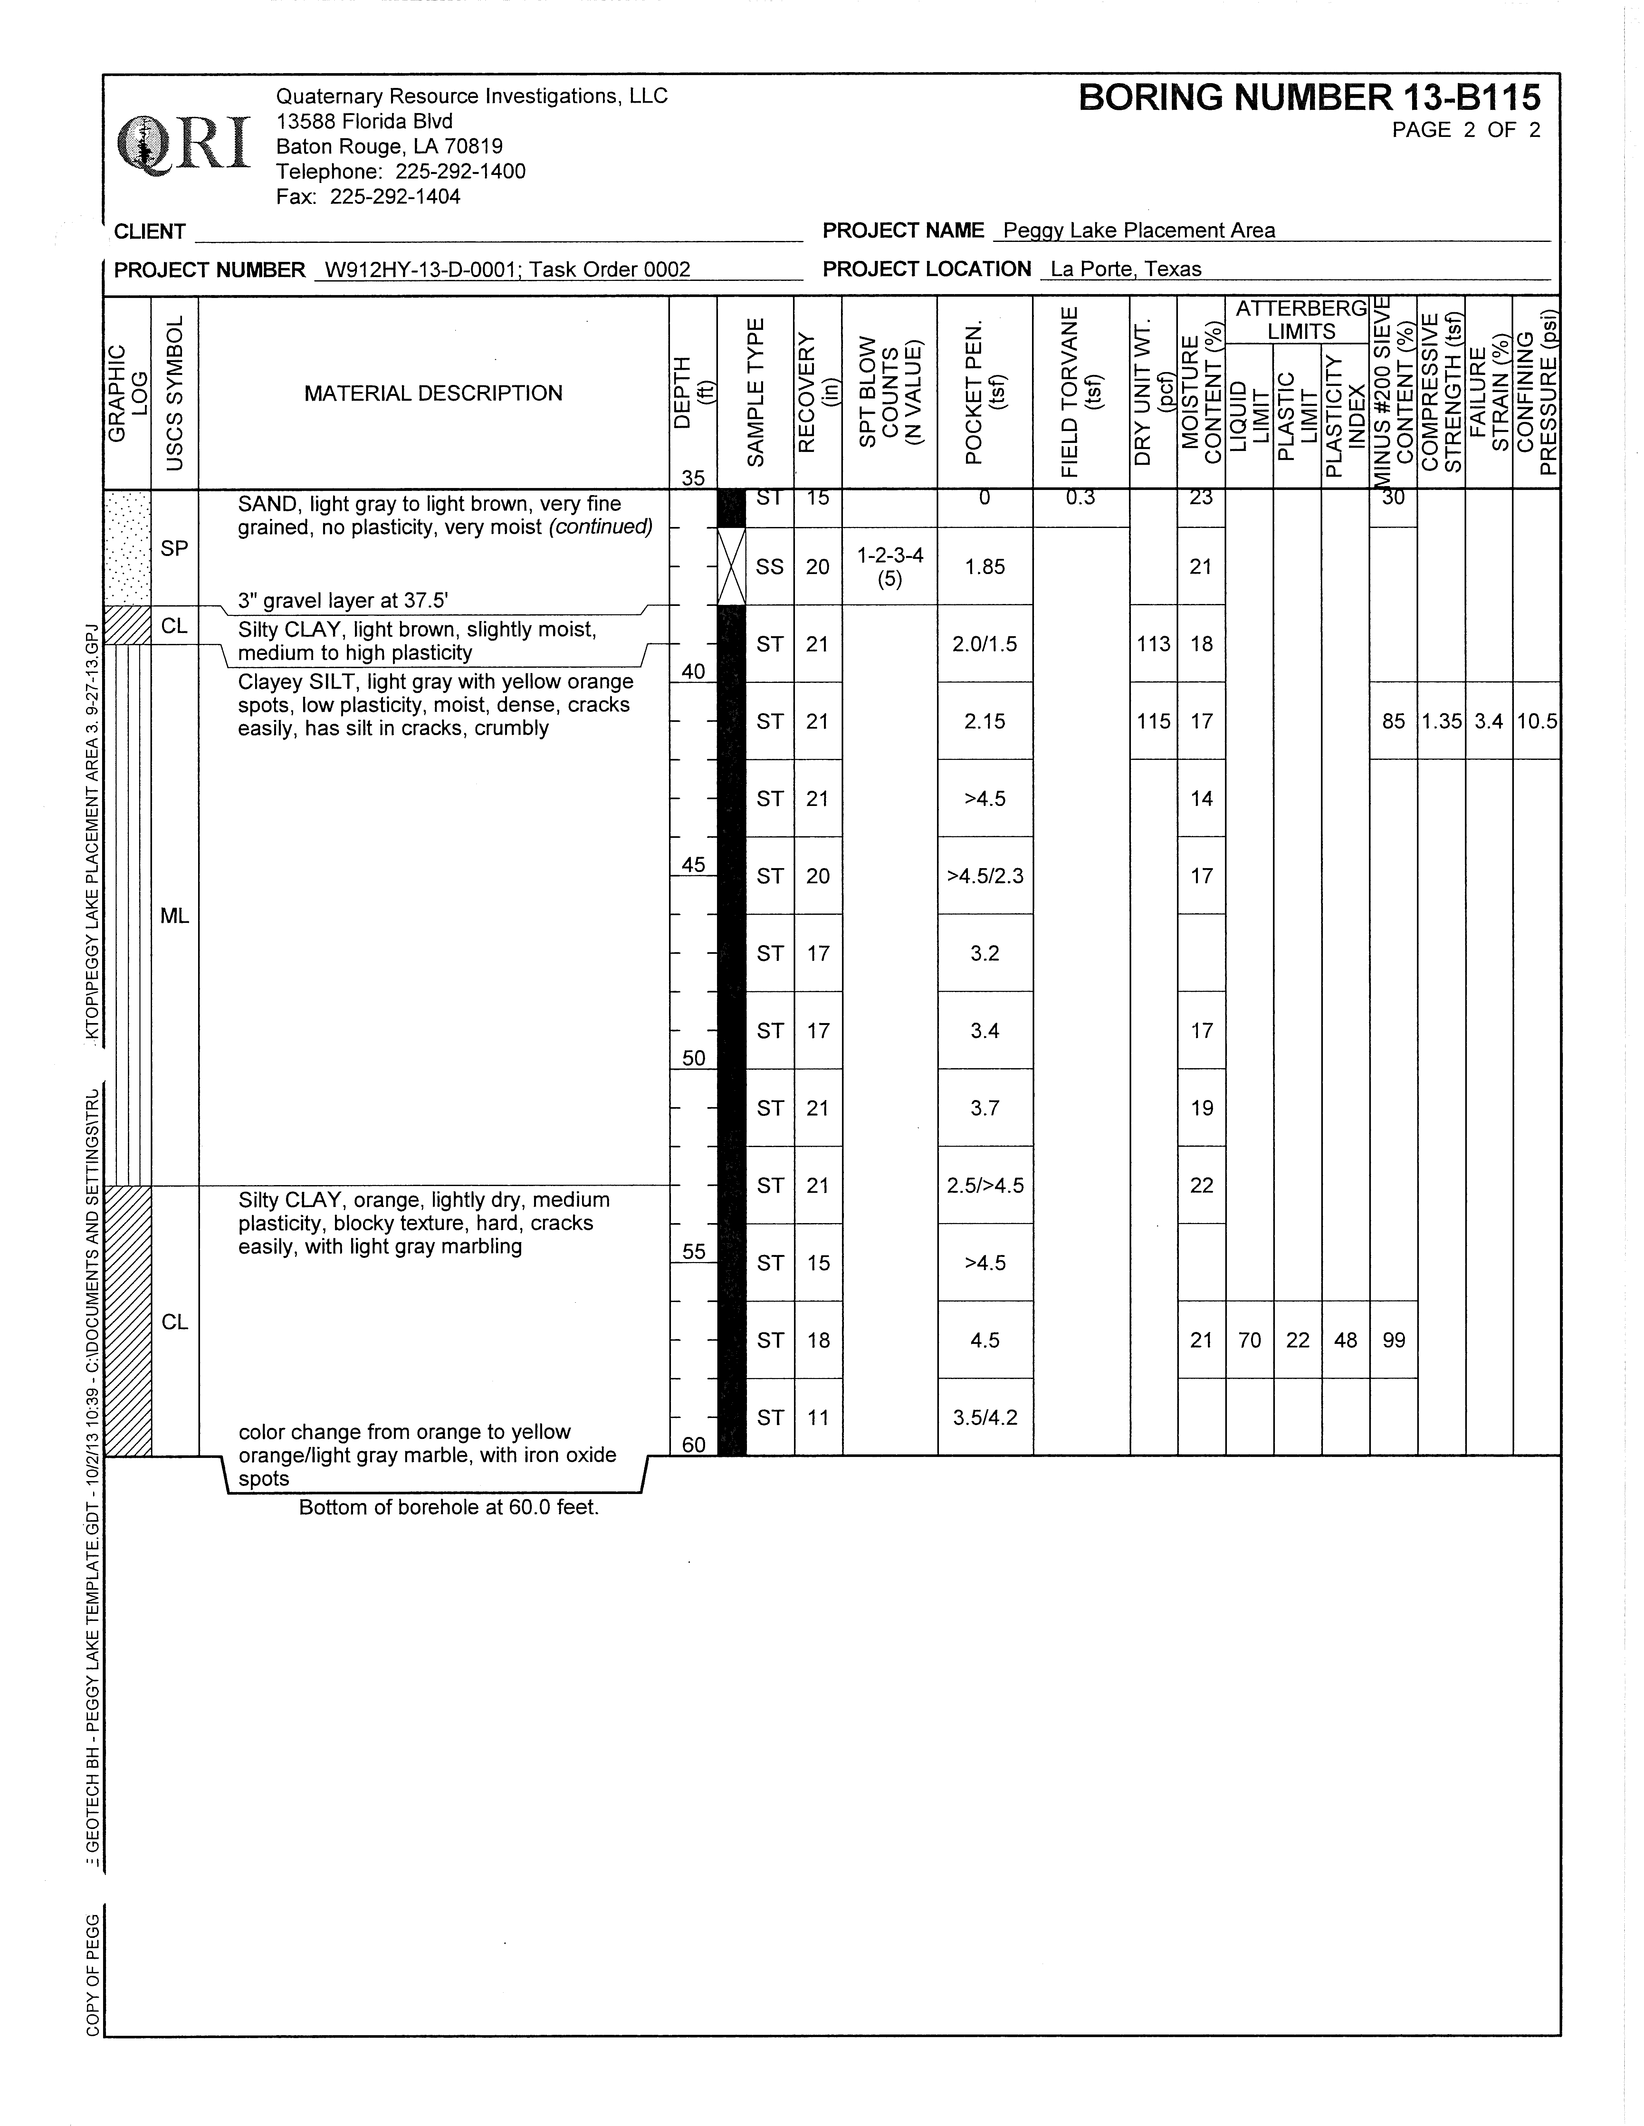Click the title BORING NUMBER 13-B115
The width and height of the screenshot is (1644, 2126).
click(1309, 97)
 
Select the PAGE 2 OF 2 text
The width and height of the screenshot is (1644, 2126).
click(1466, 130)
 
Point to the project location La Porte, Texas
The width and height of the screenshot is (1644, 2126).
click(1125, 270)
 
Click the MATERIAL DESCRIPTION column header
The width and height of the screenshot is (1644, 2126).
click(433, 393)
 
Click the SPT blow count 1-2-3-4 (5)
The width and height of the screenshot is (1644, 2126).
click(890, 567)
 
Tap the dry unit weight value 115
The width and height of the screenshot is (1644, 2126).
click(1153, 721)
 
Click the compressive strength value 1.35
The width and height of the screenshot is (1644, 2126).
click(1440, 721)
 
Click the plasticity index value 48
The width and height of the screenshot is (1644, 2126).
click(1345, 1340)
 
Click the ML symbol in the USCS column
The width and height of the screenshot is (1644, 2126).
click(174, 916)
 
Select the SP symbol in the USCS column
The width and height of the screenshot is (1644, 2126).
click(174, 548)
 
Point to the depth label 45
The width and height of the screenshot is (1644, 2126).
click(693, 865)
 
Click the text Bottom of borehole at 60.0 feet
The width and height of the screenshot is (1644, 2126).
click(449, 1508)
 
